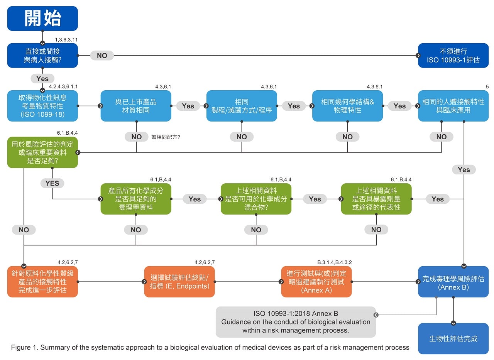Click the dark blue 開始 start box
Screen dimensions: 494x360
(x=42, y=19)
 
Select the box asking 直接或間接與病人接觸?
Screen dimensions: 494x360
(x=42, y=56)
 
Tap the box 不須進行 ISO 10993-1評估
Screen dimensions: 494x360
(x=453, y=56)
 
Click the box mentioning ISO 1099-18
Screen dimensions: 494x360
(x=42, y=106)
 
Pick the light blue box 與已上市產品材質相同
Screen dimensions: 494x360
(x=136, y=106)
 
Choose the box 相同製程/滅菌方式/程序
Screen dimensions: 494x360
(x=242, y=106)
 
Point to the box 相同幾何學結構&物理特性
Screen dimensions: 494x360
(x=347, y=106)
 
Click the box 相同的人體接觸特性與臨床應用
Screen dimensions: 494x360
(x=453, y=106)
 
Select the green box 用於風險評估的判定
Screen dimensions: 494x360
(x=42, y=152)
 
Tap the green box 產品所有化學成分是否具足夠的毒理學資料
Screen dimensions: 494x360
(x=136, y=199)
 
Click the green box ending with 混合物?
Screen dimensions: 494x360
(x=256, y=199)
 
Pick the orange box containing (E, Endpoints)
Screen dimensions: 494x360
(x=179, y=282)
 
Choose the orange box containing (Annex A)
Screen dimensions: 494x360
(x=316, y=282)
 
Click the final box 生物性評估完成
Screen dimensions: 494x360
(x=453, y=339)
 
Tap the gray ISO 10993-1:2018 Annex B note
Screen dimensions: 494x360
(x=296, y=322)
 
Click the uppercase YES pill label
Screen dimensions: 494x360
(x=52, y=183)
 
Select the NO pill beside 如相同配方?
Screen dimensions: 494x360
(x=137, y=137)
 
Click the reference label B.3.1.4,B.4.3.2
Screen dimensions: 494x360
(x=335, y=262)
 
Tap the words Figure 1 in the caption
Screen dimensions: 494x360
(x=24, y=347)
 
